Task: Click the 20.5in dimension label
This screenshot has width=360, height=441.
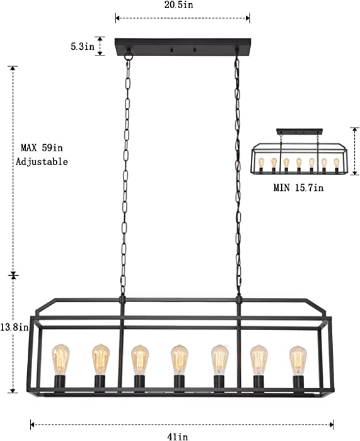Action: pos(178,5)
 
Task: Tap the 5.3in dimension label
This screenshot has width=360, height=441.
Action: pos(83,47)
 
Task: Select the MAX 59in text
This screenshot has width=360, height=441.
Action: pos(42,147)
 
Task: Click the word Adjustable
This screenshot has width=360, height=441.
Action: pos(42,162)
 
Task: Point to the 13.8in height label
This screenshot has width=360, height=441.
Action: pos(14,327)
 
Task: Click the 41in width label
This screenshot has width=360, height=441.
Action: pos(178,437)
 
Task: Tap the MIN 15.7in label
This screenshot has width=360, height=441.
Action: pos(298,188)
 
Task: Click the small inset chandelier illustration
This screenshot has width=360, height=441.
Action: pos(299,151)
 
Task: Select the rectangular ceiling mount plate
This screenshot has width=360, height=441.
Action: pos(183,47)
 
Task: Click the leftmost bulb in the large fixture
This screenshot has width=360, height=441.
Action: pos(61,360)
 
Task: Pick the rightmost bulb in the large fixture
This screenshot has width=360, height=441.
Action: pos(298,360)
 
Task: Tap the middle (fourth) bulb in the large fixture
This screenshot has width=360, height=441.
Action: pos(180,360)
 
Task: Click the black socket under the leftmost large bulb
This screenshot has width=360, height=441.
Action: pos(60,383)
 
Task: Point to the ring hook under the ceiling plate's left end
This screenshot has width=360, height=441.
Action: pos(129,55)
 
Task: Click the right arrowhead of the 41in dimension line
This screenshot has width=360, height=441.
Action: pos(332,425)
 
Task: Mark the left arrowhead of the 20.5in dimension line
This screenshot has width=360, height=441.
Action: pos(118,18)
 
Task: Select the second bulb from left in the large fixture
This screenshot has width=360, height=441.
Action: pos(101,360)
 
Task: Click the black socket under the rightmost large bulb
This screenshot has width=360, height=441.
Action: pos(298,384)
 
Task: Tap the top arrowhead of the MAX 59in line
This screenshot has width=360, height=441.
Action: pos(13,69)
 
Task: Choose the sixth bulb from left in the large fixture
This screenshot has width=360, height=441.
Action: pos(259,360)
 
